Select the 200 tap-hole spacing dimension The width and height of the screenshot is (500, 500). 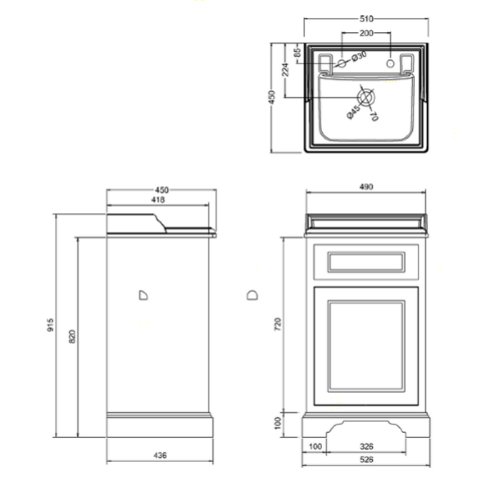[x=366, y=33]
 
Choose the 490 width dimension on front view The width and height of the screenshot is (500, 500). [x=366, y=187]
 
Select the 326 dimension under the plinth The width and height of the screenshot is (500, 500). [x=366, y=446]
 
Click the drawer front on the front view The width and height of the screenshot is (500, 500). [x=366, y=262]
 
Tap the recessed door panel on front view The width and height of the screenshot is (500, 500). [x=366, y=345]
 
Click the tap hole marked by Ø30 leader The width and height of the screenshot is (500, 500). [x=341, y=64]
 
